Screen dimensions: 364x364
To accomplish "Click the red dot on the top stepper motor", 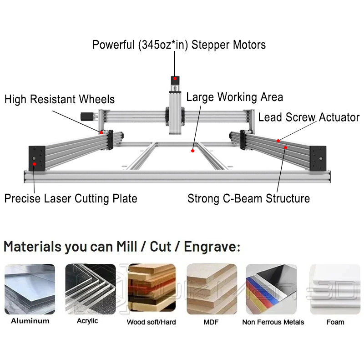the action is pyautogui.click(x=175, y=79).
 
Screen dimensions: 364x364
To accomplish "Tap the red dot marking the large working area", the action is pyautogui.click(x=192, y=151).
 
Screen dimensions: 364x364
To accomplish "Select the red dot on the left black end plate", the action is pyautogui.click(x=35, y=164).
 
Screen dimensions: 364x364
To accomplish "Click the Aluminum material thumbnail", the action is pyautogui.click(x=30, y=289).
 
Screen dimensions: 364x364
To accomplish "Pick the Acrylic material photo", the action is pyautogui.click(x=91, y=289).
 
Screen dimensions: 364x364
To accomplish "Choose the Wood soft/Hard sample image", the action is pyautogui.click(x=152, y=288).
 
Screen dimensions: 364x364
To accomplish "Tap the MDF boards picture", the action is pyautogui.click(x=212, y=289).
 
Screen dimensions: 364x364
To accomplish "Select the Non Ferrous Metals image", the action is pyautogui.click(x=271, y=289).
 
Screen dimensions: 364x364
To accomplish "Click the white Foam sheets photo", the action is pyautogui.click(x=335, y=289).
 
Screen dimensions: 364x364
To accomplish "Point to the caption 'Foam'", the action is pyautogui.click(x=335, y=322).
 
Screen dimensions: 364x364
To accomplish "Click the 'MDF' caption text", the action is pyautogui.click(x=211, y=322).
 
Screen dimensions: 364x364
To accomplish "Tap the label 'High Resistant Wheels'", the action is pyautogui.click(x=60, y=100).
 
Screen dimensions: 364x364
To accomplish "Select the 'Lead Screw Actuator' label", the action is pyautogui.click(x=309, y=117).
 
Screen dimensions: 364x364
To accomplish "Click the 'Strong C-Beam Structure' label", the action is pyautogui.click(x=248, y=199).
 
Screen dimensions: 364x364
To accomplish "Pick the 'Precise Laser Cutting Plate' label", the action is pyautogui.click(x=71, y=199).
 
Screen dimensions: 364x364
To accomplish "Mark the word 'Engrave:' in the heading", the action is pyautogui.click(x=212, y=247).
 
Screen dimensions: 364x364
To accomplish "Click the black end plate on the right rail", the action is pyautogui.click(x=318, y=158).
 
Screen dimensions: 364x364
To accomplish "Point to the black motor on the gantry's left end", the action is pyautogui.click(x=87, y=116).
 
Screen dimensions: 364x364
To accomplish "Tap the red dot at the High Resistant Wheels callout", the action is pyautogui.click(x=101, y=132).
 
